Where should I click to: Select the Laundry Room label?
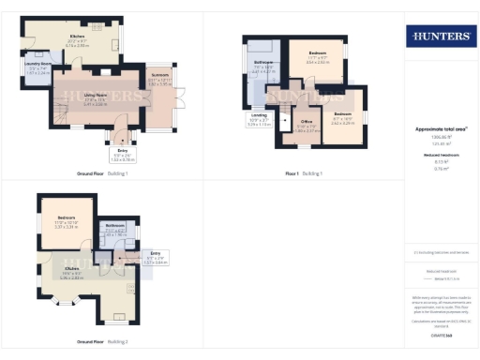point(37,67)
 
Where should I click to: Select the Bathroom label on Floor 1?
point(262,68)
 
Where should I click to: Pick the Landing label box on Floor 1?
point(260,120)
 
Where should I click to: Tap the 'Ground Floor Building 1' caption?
point(102,173)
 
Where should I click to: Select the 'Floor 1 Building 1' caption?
point(304,173)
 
